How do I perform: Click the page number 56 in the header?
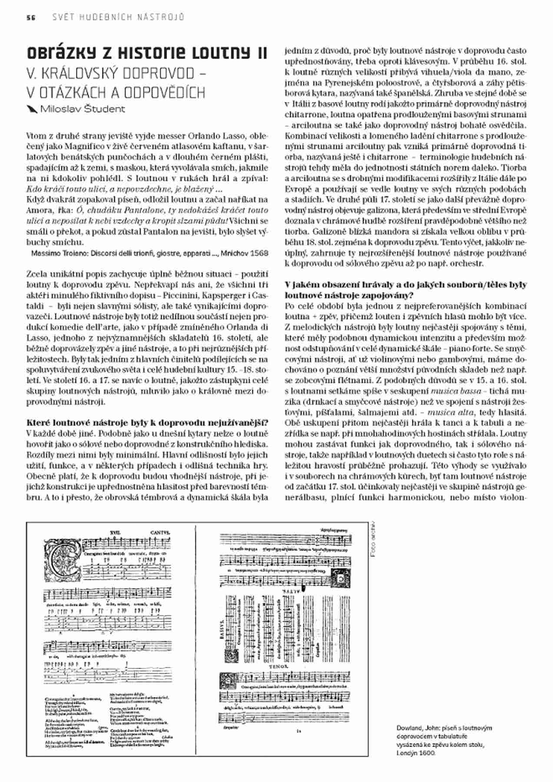(30, 17)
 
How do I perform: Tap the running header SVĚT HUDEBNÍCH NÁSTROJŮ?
(118, 17)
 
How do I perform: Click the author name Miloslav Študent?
(82, 109)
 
